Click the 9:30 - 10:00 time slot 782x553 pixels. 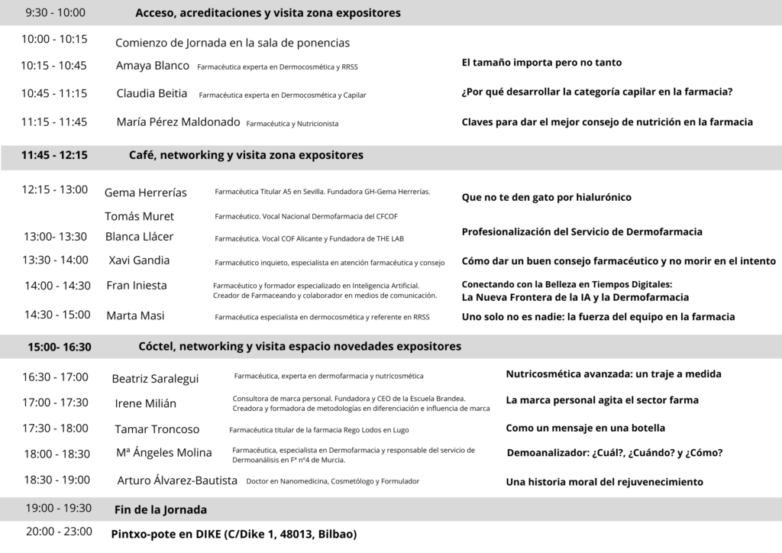pyautogui.click(x=55, y=13)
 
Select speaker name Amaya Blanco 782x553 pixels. pyautogui.click(x=152, y=66)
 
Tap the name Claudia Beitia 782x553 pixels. pyautogui.click(x=151, y=94)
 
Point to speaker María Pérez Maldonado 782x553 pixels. pyautogui.click(x=178, y=122)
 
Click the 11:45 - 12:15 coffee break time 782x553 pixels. pyautogui.click(x=54, y=155)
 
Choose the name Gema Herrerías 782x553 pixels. pyautogui.click(x=145, y=192)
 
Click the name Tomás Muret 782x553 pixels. pyautogui.click(x=139, y=216)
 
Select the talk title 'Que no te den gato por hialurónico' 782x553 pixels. pyautogui.click(x=546, y=197)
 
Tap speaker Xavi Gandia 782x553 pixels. pyautogui.click(x=139, y=260)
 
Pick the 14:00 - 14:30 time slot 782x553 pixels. pyautogui.click(x=57, y=286)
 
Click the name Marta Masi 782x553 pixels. pyautogui.click(x=135, y=315)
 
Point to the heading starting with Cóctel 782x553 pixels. pyautogui.click(x=299, y=347)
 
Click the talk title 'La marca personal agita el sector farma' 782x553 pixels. pyautogui.click(x=602, y=400)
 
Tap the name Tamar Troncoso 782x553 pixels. pyautogui.click(x=157, y=429)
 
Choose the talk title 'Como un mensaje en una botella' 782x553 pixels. pyautogui.click(x=585, y=428)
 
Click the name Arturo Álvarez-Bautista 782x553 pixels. pyautogui.click(x=177, y=481)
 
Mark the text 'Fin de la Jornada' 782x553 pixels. pyautogui.click(x=160, y=509)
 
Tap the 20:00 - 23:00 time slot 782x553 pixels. pyautogui.click(x=59, y=532)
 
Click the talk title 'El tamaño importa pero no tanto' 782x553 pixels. pyautogui.click(x=541, y=63)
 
